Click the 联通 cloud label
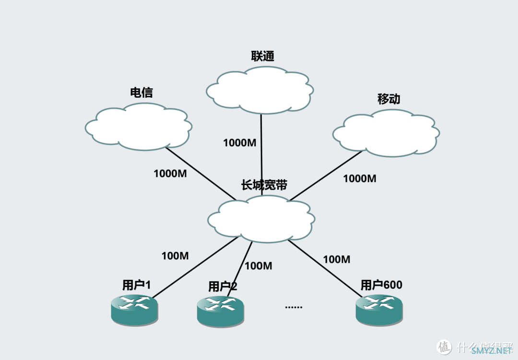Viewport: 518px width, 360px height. [263, 56]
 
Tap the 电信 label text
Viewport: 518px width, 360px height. [141, 93]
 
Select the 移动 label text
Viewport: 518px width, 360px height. [388, 99]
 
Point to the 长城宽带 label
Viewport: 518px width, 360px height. [264, 185]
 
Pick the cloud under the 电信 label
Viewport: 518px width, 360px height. [139, 127]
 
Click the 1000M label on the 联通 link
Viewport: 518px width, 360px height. [239, 142]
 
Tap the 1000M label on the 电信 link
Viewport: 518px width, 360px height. [170, 174]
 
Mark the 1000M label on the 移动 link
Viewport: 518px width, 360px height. [360, 179]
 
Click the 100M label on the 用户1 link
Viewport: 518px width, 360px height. [175, 256]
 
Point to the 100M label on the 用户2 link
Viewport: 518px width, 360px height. [259, 266]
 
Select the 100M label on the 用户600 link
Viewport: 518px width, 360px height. [337, 259]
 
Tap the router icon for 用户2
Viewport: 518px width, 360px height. [220, 310]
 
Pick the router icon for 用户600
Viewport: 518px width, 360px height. [379, 309]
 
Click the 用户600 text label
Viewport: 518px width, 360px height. [381, 285]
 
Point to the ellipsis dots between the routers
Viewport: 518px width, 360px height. [294, 307]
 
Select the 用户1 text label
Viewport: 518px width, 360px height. [137, 285]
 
